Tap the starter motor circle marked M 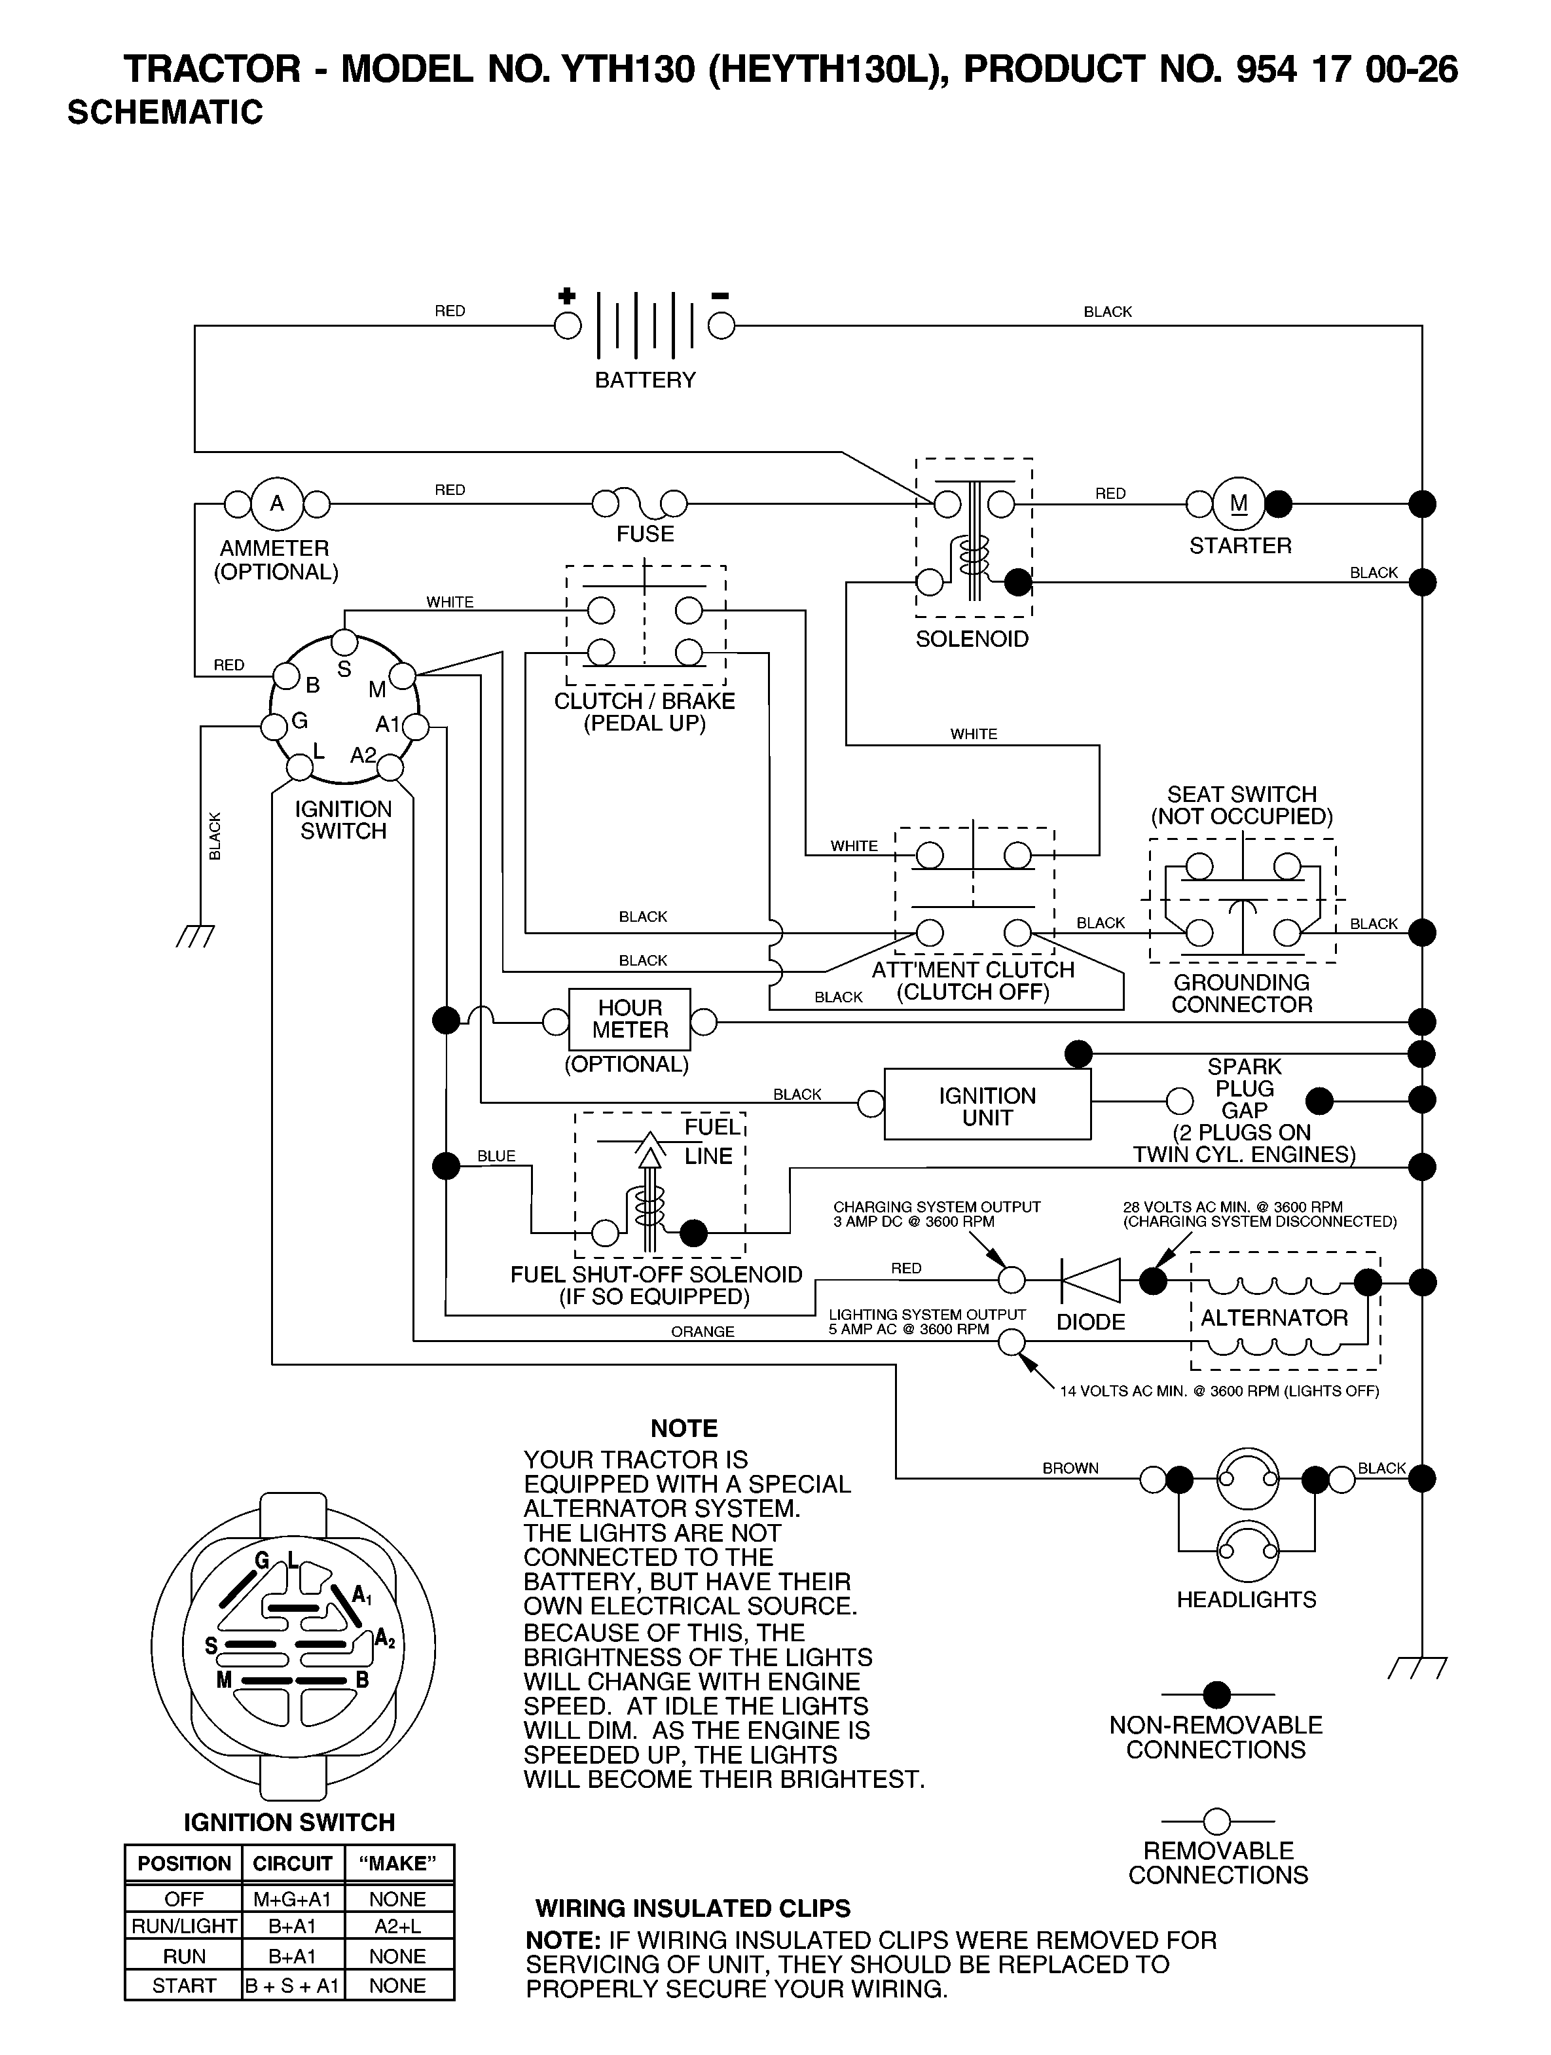pyautogui.click(x=1239, y=503)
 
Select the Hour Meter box pyautogui.click(x=630, y=1019)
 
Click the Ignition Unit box pyautogui.click(x=987, y=1104)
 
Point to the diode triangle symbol pyautogui.click(x=1091, y=1281)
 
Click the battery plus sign pyautogui.click(x=566, y=297)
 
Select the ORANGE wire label pyautogui.click(x=703, y=1332)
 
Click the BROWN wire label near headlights pyautogui.click(x=1070, y=1468)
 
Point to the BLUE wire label pyautogui.click(x=496, y=1155)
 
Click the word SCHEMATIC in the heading pyautogui.click(x=166, y=113)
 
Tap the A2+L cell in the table pyautogui.click(x=398, y=1927)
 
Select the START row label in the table pyautogui.click(x=184, y=1986)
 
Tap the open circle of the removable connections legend pyautogui.click(x=1216, y=1821)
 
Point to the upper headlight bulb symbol pyautogui.click(x=1247, y=1478)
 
